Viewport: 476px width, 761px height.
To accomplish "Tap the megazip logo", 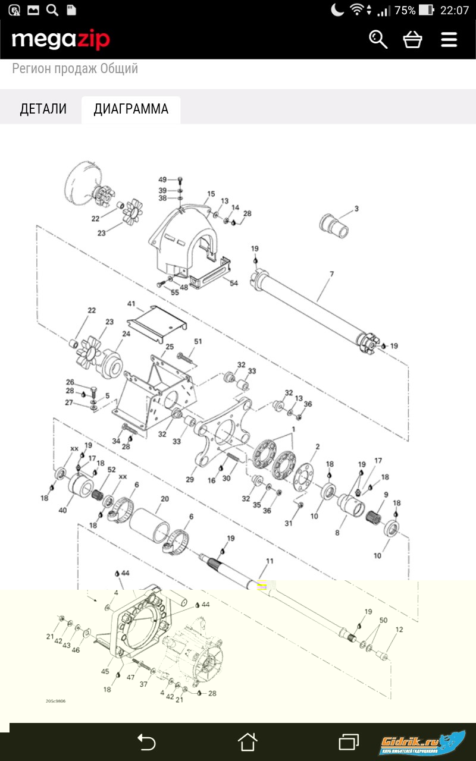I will [61, 40].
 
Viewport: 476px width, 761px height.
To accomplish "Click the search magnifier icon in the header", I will [378, 39].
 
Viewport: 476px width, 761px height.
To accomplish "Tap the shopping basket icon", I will [412, 39].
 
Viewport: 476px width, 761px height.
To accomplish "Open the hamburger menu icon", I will [449, 39].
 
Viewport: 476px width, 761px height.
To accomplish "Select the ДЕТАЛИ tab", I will [43, 109].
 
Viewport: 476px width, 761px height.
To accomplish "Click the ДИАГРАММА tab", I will [131, 109].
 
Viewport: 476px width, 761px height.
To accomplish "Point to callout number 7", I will [332, 274].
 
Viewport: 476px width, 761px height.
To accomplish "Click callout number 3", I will [356, 209].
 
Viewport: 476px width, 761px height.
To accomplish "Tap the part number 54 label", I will [234, 283].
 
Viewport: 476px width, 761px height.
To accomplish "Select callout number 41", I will [131, 304].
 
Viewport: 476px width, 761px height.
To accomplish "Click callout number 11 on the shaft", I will [270, 561].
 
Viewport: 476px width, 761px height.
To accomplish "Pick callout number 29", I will [190, 479].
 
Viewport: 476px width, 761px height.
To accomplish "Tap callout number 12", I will [399, 629].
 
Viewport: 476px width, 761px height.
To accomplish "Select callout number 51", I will [198, 341].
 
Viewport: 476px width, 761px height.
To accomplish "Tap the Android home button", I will [247, 742].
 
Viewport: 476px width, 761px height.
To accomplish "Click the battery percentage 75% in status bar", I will [405, 10].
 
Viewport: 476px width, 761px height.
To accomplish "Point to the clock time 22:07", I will [455, 10].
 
